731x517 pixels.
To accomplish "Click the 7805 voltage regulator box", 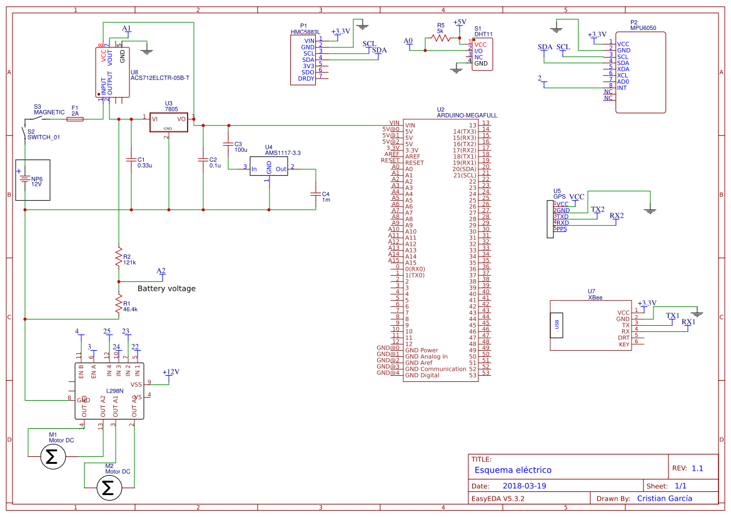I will point(168,122).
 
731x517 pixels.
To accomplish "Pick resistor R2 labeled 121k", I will point(118,257).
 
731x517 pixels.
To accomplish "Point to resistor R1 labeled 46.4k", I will point(118,304).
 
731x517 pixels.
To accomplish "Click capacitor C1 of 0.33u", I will point(131,159).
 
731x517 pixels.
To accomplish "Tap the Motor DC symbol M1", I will point(53,458).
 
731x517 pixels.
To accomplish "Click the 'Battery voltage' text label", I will point(166,289).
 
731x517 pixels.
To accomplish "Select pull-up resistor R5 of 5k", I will point(440,38).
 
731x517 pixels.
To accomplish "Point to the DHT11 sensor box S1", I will point(481,55).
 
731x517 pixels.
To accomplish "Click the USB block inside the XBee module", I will point(557,324).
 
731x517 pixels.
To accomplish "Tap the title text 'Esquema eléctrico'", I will point(513,470).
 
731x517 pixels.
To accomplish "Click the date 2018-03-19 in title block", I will point(525,486).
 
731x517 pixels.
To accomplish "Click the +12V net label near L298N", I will point(171,372).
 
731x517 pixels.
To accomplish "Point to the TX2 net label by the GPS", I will point(598,209).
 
